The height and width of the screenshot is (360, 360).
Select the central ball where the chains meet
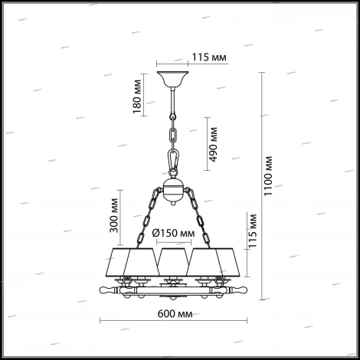[x=175, y=190]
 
